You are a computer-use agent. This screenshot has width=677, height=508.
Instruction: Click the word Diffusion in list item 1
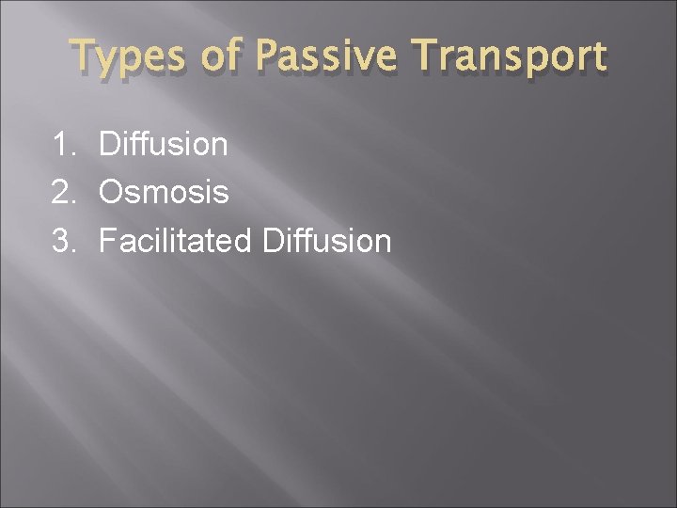coord(163,145)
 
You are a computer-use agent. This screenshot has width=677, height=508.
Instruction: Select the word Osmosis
coord(164,193)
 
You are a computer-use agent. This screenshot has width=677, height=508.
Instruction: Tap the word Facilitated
coord(175,241)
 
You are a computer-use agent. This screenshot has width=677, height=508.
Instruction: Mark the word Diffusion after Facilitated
coord(326,241)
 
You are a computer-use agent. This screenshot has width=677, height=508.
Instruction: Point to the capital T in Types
coord(84,56)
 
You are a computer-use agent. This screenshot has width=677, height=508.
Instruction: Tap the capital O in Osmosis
coord(111,193)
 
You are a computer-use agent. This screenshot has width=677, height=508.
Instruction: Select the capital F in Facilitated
coord(107,241)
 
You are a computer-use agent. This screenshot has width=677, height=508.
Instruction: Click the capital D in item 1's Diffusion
coord(110,145)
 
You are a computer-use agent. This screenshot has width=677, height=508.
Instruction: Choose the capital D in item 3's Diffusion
coord(274,241)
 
